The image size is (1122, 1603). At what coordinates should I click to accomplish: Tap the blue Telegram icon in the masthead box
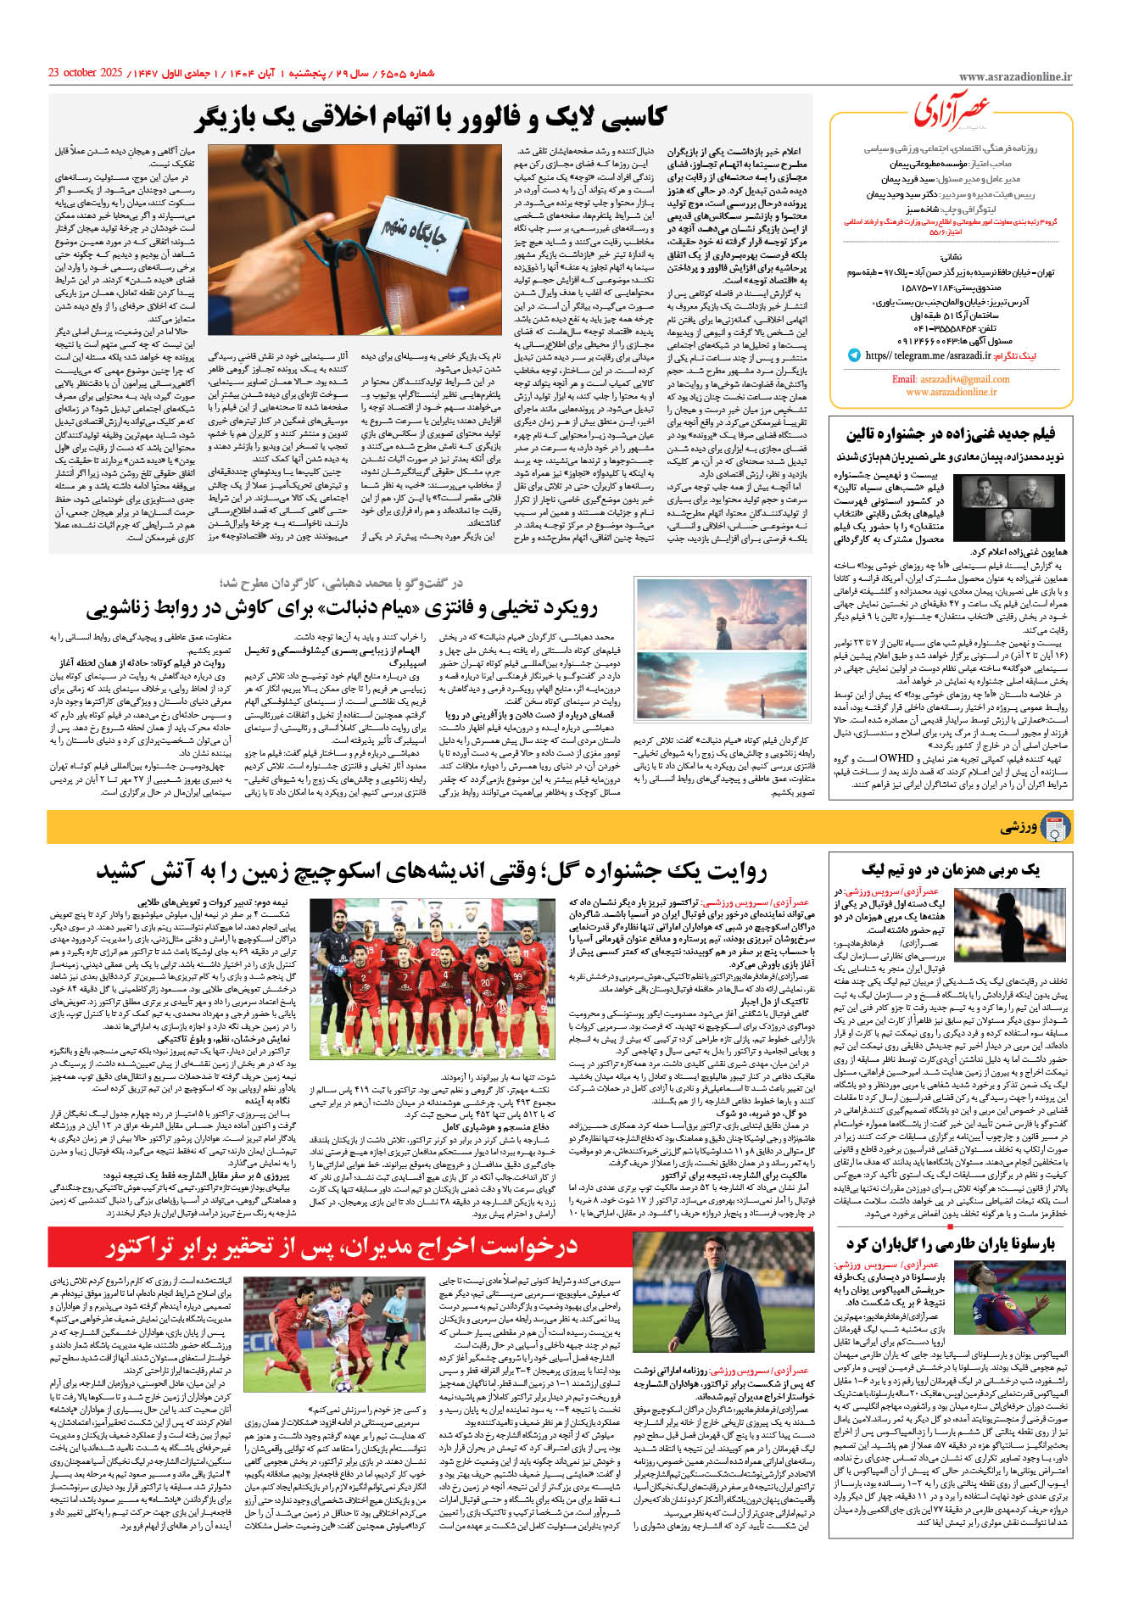pyautogui.click(x=853, y=355)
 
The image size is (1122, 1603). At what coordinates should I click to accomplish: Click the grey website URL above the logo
pyautogui.click(x=1014, y=77)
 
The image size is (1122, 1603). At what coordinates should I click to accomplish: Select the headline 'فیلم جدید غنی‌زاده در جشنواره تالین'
pyautogui.click(x=950, y=434)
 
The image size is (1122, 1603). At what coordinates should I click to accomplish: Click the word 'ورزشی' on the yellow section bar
pyautogui.click(x=1018, y=827)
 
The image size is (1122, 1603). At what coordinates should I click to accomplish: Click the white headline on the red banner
pyautogui.click(x=342, y=1246)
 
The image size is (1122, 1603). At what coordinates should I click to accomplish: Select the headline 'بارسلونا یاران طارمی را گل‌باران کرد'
pyautogui.click(x=950, y=1244)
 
